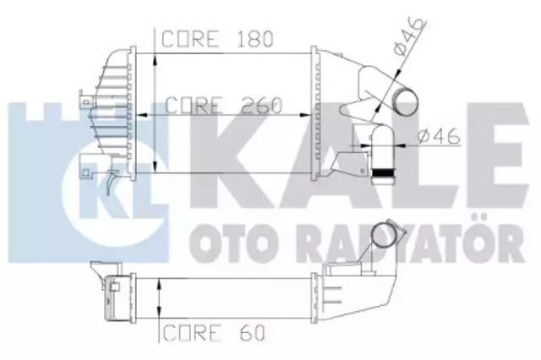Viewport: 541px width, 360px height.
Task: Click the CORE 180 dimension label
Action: [x=217, y=39]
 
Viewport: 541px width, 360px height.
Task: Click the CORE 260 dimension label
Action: [x=223, y=105]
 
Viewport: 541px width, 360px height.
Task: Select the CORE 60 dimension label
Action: [x=214, y=333]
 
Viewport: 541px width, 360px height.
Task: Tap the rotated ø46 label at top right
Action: [x=409, y=35]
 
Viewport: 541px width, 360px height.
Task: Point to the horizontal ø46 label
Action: [x=439, y=136]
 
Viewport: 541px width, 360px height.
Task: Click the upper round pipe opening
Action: [x=406, y=103]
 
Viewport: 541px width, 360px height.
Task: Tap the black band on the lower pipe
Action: [x=383, y=172]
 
